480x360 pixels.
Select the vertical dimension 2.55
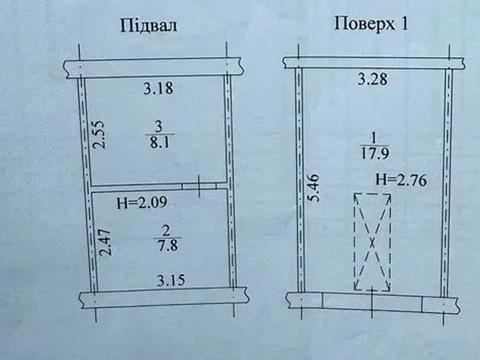click(98, 136)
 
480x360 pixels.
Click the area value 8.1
click(158, 142)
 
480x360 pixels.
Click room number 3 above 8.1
click(157, 127)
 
